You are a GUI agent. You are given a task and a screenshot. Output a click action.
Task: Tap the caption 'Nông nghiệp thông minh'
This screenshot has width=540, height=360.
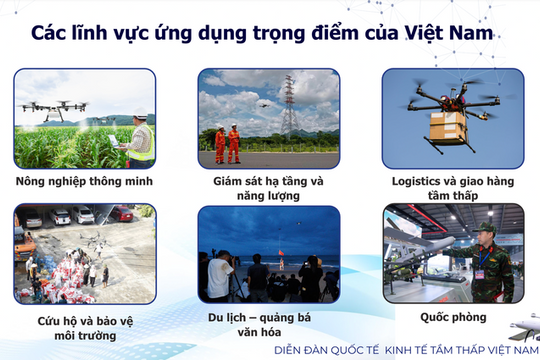85,182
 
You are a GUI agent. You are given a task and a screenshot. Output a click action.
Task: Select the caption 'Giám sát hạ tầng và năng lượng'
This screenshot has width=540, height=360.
269,189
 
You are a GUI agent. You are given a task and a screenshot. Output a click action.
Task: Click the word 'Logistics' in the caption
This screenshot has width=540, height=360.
424,182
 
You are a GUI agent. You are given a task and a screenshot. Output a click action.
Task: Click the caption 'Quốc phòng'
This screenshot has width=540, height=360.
453,316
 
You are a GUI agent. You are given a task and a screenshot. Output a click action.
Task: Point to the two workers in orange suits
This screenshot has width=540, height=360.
227,144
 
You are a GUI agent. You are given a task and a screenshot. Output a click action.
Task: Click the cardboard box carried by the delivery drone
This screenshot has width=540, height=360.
447,127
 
